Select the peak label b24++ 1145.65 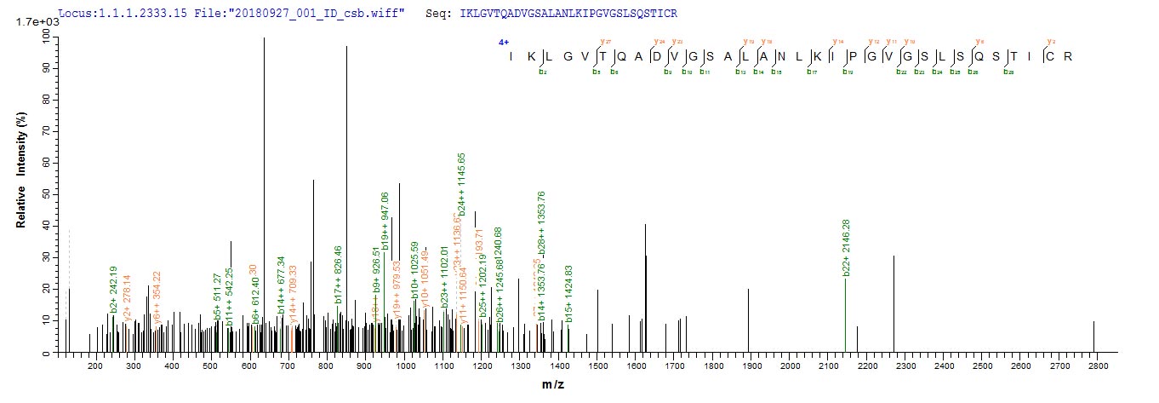[x=461, y=186]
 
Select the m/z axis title [x=552, y=385]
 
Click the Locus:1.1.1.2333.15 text [x=105, y=14]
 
